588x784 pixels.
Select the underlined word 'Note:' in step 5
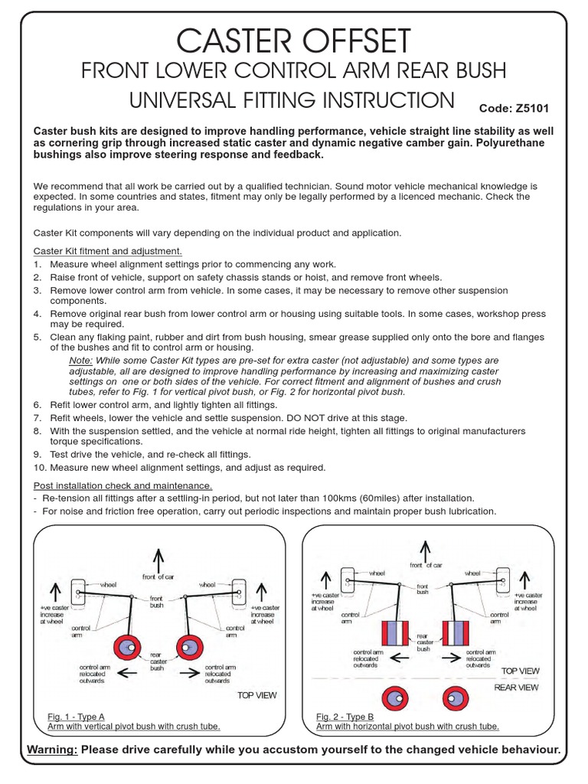tap(81, 360)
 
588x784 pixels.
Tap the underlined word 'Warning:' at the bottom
tap(52, 749)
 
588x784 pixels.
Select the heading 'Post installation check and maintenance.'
tap(122, 485)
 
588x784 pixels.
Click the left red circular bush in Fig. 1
tap(126, 648)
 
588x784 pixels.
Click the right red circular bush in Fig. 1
tap(189, 648)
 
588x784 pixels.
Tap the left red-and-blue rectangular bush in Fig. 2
tap(393, 635)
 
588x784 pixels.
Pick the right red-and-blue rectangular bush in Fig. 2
tap(457, 635)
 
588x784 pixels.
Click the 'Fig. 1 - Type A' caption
tap(76, 717)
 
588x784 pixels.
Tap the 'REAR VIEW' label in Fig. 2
tap(516, 688)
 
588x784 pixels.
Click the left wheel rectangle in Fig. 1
tap(80, 590)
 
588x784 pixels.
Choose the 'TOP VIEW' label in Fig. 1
tap(256, 695)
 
